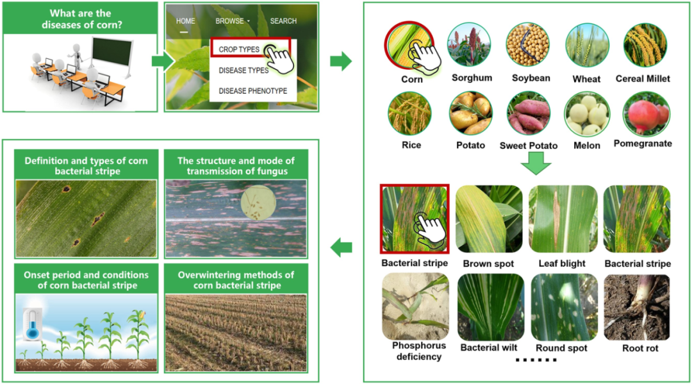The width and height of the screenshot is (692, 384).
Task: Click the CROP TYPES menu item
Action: [x=238, y=49]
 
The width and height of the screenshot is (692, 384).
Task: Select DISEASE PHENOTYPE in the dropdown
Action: [x=252, y=91]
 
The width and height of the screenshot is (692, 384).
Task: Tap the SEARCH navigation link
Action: [x=283, y=21]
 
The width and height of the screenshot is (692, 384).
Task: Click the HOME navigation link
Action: [x=186, y=21]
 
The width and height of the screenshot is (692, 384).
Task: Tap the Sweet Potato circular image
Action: [x=529, y=113]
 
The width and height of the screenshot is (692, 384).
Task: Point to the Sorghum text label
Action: [x=472, y=78]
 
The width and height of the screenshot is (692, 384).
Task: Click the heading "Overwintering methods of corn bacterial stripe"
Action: [x=236, y=280]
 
